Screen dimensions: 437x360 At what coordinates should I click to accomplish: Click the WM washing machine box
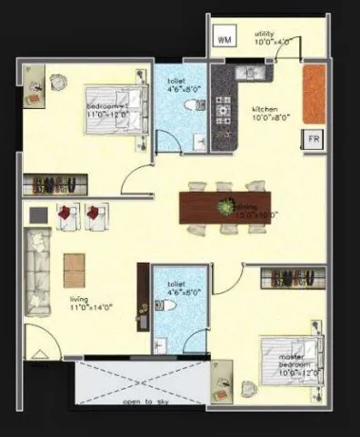click(225, 38)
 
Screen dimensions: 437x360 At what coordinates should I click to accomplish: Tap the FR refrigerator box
click(312, 139)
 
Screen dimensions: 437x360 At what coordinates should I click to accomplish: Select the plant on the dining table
click(223, 208)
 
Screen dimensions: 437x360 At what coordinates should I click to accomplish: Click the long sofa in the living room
click(36, 272)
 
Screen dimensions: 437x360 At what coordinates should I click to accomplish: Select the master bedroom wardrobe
click(292, 277)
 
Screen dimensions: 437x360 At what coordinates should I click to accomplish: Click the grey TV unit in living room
click(38, 214)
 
